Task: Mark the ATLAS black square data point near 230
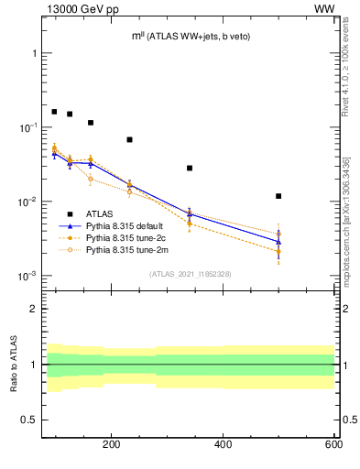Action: click(x=129, y=139)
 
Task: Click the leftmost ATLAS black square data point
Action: click(x=54, y=112)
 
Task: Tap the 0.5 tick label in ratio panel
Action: click(x=29, y=420)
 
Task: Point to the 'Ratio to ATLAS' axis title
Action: click(x=12, y=365)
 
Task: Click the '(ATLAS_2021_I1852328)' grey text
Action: click(x=190, y=274)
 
